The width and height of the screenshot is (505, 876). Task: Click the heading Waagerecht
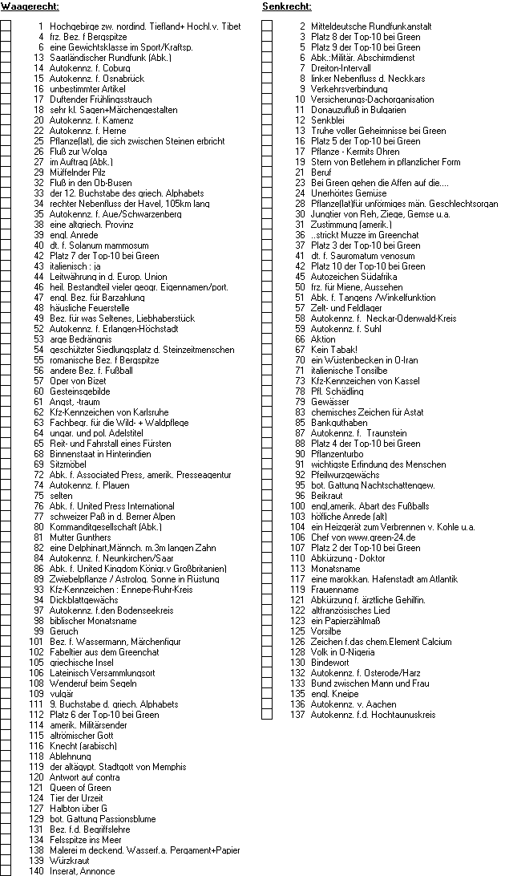point(30,7)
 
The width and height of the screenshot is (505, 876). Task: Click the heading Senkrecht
point(287,7)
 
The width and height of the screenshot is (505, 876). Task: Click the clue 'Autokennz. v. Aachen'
point(353,704)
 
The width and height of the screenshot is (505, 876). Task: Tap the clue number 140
point(36,871)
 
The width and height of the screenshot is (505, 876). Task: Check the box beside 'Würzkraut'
point(6,861)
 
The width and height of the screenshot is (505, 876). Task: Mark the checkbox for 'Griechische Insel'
point(6,652)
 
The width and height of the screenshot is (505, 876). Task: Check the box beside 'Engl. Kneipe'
point(267,694)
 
